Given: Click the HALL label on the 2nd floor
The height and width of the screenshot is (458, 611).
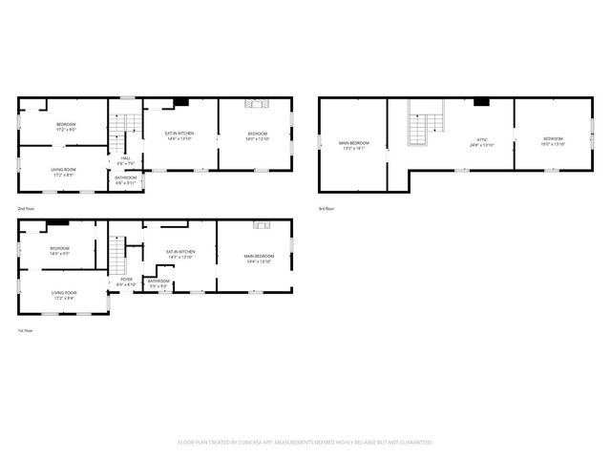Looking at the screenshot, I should point(125,159).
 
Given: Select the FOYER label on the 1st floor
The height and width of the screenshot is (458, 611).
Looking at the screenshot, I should point(126,280).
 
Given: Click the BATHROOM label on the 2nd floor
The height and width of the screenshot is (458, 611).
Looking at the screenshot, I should point(126,177).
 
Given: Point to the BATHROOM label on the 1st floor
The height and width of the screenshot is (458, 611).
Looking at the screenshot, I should point(158,281).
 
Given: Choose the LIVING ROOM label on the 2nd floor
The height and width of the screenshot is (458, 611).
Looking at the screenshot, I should point(64,169).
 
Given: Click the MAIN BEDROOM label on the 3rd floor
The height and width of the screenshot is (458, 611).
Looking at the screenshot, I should point(353,143).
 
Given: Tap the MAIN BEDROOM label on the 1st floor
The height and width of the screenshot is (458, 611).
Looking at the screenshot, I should point(259,256).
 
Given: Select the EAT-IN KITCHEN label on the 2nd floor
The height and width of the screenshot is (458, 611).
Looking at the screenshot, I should point(179,134).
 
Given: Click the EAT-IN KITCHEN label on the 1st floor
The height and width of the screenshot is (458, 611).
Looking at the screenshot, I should point(180,253).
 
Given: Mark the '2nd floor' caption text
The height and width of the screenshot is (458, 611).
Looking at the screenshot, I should point(26,208).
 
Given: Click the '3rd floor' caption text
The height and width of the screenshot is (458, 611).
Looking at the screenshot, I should point(327,208).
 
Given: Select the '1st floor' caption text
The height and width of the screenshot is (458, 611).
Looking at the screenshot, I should point(25,330).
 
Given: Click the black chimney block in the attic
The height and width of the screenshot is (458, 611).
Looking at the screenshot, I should point(482,101).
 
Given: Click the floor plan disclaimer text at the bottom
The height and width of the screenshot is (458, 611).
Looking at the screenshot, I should point(305,443).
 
